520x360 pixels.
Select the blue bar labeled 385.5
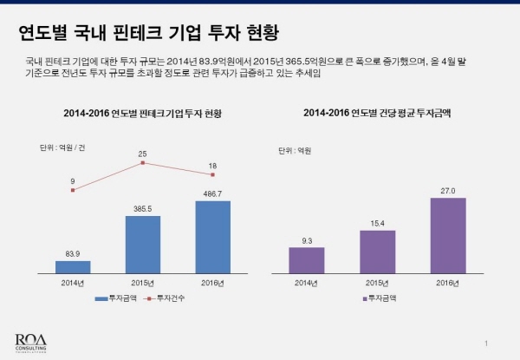tap(142, 244)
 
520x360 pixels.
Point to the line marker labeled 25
tap(142, 162)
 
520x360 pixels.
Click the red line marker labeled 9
tap(73, 190)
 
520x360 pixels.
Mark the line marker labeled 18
tap(212, 174)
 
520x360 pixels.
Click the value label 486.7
tap(212, 193)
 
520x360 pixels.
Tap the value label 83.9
tap(73, 253)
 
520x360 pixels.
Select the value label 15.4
tap(377, 224)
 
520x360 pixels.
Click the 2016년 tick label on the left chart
tap(212, 283)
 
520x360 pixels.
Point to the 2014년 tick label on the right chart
tap(307, 283)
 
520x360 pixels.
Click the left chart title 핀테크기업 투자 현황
tap(142, 114)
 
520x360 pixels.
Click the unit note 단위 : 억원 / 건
tap(68, 147)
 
